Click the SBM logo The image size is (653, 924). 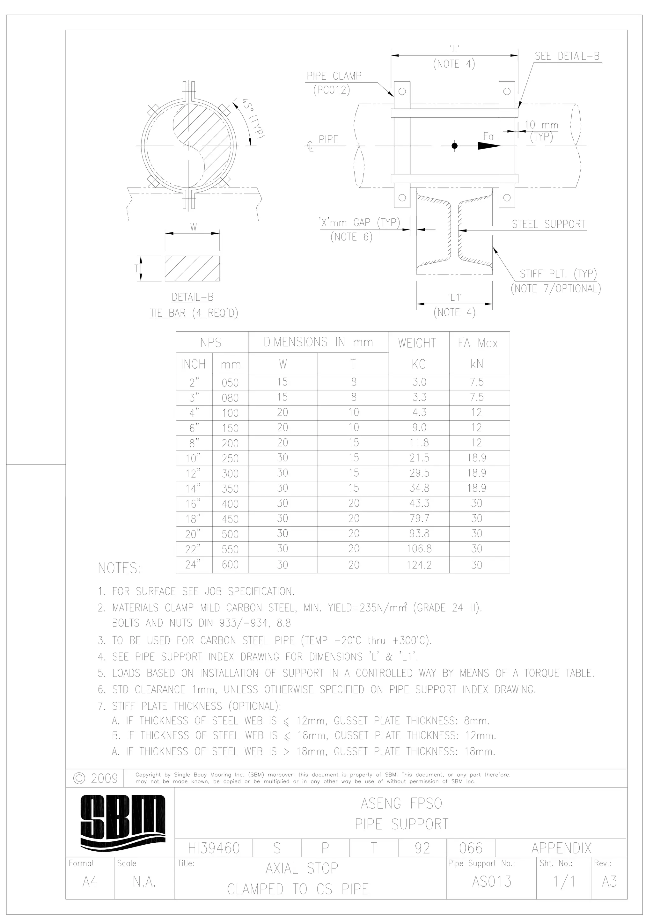(123, 821)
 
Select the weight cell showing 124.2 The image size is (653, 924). (419, 565)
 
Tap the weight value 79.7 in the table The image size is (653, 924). (419, 518)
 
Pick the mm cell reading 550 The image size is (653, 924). (230, 549)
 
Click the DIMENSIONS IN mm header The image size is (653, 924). (318, 342)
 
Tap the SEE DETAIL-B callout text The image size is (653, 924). (567, 56)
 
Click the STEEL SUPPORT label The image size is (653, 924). (548, 224)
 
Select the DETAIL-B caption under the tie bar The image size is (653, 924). (192, 297)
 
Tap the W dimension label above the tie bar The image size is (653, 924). (194, 227)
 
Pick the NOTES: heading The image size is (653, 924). (120, 568)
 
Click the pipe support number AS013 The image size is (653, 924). (492, 882)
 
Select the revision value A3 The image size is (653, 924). (609, 882)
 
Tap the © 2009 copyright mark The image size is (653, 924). (96, 778)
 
